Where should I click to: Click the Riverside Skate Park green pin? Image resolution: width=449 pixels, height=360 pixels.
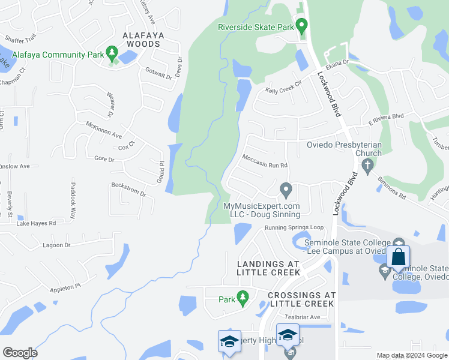click(302, 26)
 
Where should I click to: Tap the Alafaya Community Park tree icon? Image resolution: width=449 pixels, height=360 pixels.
click(111, 55)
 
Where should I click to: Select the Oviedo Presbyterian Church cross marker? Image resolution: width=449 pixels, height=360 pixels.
click(369, 164)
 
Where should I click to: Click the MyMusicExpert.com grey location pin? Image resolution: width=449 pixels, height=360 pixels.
click(286, 191)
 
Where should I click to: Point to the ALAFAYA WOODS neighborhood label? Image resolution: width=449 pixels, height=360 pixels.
click(142, 40)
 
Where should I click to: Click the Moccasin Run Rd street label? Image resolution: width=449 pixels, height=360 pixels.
click(265, 161)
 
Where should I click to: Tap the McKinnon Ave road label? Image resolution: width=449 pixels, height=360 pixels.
click(104, 131)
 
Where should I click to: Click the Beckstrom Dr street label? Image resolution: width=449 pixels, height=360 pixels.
click(128, 189)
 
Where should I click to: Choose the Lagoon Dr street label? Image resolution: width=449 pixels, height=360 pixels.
click(57, 245)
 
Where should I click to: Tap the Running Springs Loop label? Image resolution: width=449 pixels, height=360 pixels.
click(294, 228)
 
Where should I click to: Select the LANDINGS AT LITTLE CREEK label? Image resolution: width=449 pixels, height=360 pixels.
click(268, 268)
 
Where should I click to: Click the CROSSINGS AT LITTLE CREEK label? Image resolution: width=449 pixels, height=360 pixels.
click(301, 299)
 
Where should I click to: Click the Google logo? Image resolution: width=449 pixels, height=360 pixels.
click(20, 352)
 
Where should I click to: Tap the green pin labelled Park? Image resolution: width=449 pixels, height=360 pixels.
click(243, 297)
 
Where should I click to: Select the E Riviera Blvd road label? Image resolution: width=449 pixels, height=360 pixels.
click(386, 118)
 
